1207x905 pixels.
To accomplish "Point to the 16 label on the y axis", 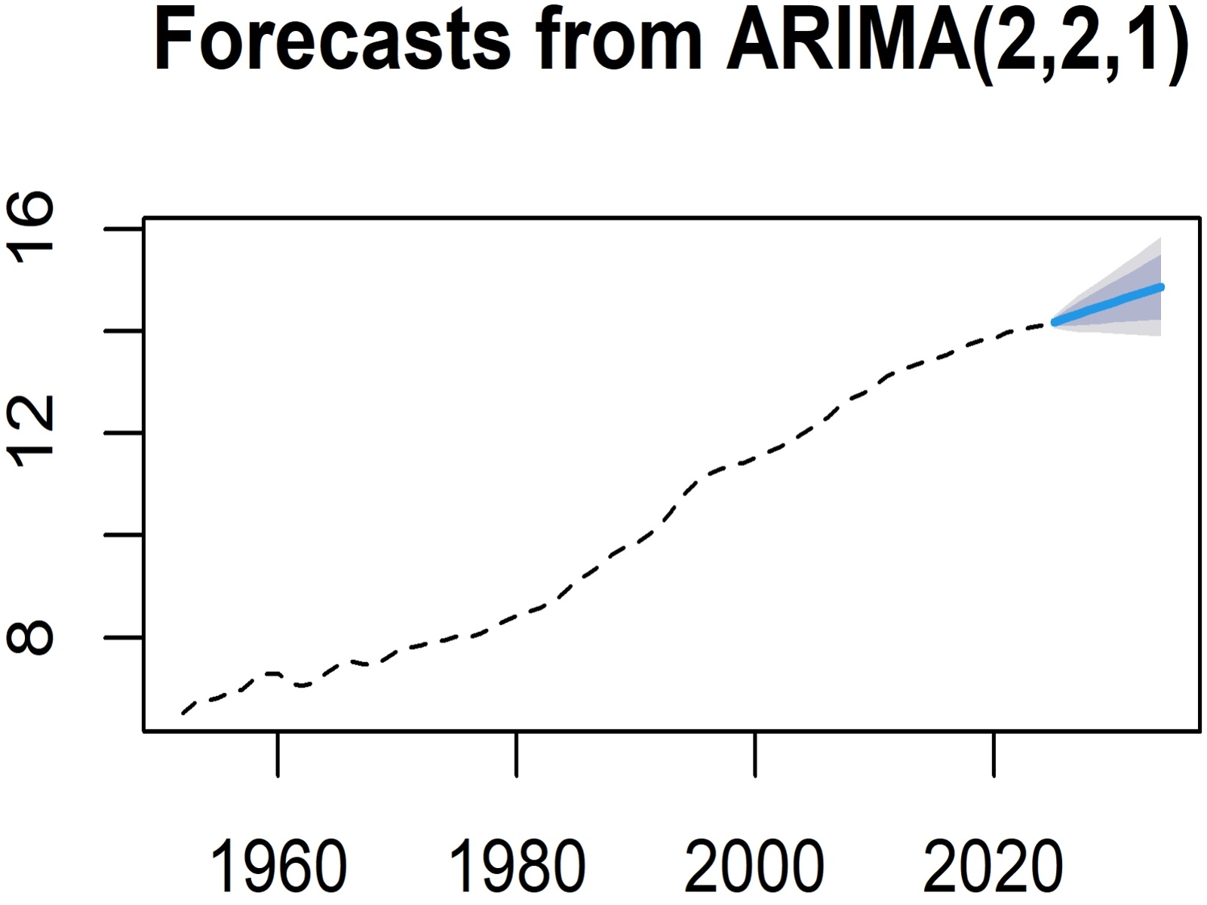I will (32, 228).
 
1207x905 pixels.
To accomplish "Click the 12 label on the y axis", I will (32, 433).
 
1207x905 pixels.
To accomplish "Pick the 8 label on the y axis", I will (32, 638).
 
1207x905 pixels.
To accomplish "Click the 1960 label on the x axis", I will (278, 867).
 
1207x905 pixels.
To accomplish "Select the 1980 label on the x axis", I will (517, 867).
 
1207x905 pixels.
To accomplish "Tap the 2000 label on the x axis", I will (755, 867).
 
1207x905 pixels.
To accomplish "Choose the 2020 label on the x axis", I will (994, 867).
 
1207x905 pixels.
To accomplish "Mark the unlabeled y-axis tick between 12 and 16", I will (124, 330).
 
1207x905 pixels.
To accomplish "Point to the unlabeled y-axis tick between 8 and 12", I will (124, 535).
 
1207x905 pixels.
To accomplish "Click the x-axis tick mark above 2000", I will (755, 753).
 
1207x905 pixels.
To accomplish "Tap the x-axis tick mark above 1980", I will (517, 753).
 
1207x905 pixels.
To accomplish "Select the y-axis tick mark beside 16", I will (124, 228).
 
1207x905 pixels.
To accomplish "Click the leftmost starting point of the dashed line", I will (183, 713).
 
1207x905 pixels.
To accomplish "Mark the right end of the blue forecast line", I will (1162, 287).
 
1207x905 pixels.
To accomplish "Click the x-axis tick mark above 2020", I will (994, 753).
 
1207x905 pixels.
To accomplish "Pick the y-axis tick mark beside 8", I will (124, 638).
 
